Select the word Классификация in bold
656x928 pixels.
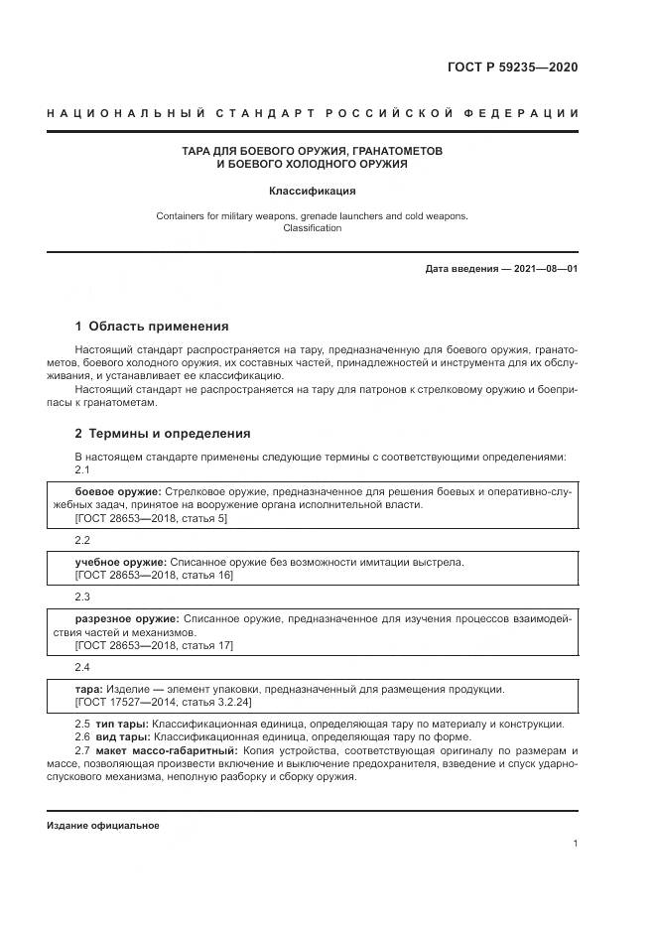(x=312, y=191)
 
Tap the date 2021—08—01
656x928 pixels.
(x=544, y=269)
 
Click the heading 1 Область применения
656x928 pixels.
(x=152, y=326)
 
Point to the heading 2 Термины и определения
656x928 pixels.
(x=163, y=433)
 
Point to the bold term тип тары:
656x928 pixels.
(x=120, y=724)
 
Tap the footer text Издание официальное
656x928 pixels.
(x=102, y=826)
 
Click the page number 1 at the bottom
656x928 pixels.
(x=576, y=844)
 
